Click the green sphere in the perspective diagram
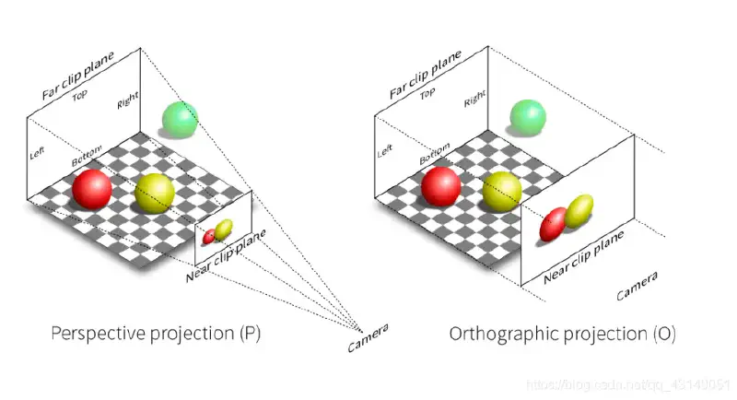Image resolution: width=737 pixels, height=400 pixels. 180,120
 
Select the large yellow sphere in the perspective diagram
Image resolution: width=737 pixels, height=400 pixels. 154,193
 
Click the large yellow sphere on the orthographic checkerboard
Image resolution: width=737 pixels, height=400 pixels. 502,192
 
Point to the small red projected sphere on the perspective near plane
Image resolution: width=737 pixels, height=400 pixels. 209,236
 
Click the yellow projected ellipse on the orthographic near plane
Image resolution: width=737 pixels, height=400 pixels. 579,211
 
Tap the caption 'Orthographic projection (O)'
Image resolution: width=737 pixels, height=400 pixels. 562,334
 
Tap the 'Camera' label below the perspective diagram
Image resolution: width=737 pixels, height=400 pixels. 368,338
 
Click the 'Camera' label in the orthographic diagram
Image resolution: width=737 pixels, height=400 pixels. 638,287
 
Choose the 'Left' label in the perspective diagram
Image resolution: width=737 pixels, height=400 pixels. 38,153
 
